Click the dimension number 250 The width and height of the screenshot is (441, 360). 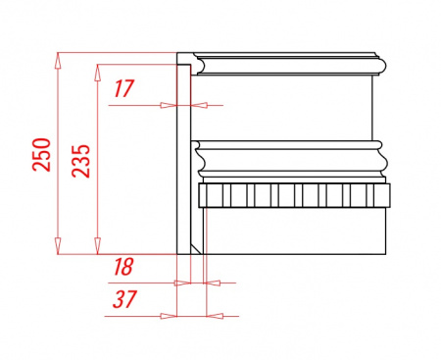tap(42, 155)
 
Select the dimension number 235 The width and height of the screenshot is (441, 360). tap(80, 161)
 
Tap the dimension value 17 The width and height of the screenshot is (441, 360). tap(123, 88)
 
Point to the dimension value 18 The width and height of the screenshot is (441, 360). tap(123, 267)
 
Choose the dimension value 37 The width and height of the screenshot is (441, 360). tap(123, 299)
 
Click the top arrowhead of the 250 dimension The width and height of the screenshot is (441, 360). tap(58, 60)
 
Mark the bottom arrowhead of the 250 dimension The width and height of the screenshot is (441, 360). tap(58, 246)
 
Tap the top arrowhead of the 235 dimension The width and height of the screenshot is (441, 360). tap(97, 73)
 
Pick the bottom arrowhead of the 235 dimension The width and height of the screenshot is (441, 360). tap(97, 246)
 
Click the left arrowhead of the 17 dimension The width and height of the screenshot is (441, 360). tap(169, 105)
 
